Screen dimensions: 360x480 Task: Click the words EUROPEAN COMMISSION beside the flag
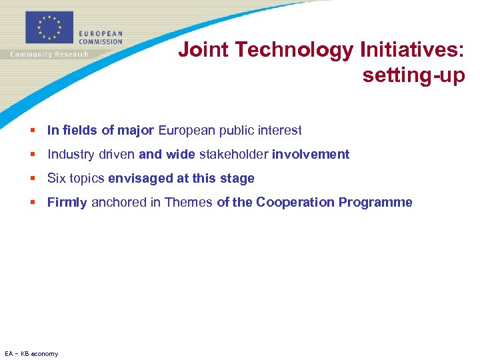[x=100, y=37]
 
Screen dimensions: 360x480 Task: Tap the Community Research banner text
[x=49, y=55]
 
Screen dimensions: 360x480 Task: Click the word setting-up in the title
[x=413, y=75]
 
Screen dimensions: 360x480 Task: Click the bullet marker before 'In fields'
[x=33, y=131]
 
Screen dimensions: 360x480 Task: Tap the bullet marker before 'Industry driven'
[x=33, y=155]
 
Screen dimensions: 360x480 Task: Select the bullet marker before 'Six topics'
[x=33, y=179]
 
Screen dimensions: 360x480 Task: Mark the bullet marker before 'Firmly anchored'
[x=33, y=203]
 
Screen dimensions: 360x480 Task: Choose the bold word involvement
[x=311, y=155]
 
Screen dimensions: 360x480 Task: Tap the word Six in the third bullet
[x=57, y=179]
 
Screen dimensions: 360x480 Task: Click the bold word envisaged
[x=138, y=179]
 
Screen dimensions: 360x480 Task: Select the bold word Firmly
[x=67, y=203]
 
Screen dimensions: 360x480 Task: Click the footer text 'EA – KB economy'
[x=31, y=353]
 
